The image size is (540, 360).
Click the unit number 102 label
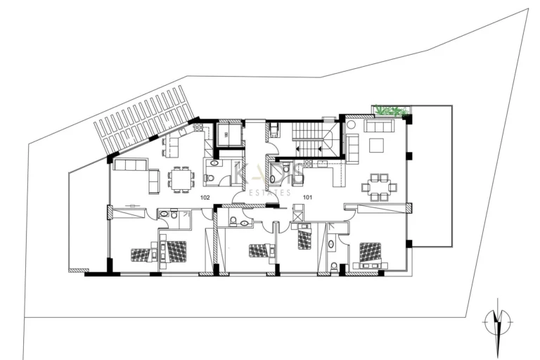[x=205, y=198]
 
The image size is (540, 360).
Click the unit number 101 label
[x=307, y=198]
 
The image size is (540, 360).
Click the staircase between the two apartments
[x=310, y=138]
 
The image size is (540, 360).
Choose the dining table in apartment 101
[x=379, y=187]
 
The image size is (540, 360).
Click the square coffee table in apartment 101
[x=375, y=146]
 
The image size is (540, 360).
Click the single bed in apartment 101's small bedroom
[x=304, y=239]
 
